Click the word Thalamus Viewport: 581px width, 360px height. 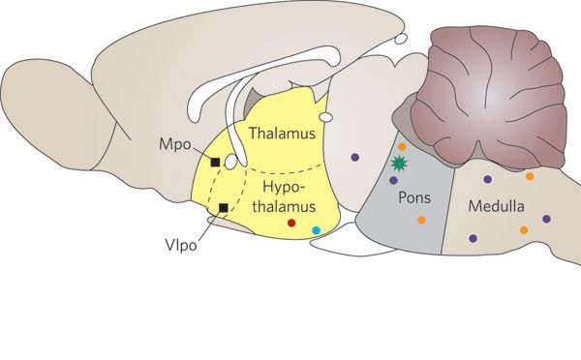coord(282,133)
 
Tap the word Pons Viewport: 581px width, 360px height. coord(414,197)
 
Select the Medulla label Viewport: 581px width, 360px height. coord(496,206)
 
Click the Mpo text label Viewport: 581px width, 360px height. coord(174,144)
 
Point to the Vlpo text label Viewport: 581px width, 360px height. coord(181,245)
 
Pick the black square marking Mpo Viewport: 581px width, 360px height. coord(215,163)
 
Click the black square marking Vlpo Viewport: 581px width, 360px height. coord(224,208)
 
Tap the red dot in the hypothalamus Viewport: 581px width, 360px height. coord(291,223)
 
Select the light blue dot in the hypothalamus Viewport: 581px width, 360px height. coord(316,230)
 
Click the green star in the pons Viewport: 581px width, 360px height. coord(399,164)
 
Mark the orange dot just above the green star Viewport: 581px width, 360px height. coord(402,147)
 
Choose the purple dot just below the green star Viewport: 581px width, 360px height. coord(393,180)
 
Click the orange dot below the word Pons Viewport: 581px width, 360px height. coord(421,221)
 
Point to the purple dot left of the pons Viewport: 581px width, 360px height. coord(355,157)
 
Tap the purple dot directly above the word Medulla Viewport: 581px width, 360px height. coord(488,179)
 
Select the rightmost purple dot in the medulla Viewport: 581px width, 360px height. coord(546,219)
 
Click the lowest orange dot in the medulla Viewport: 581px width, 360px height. coord(524,230)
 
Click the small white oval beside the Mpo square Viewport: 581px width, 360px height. coord(230,163)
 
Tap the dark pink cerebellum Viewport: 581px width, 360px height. coord(489,97)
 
